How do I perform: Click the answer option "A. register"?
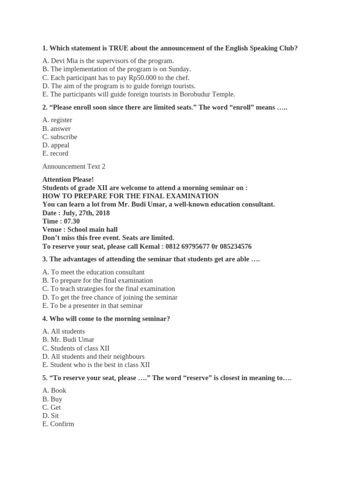point(57,120)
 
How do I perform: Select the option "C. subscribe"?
point(60,137)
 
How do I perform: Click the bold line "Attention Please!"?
point(68,180)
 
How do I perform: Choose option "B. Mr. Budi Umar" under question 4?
point(68,339)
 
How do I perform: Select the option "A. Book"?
point(54,390)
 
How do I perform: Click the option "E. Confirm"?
point(58,424)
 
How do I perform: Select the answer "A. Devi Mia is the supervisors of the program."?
point(108,60)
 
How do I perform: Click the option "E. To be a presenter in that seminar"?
point(92,306)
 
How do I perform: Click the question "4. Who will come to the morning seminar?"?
point(106,319)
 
